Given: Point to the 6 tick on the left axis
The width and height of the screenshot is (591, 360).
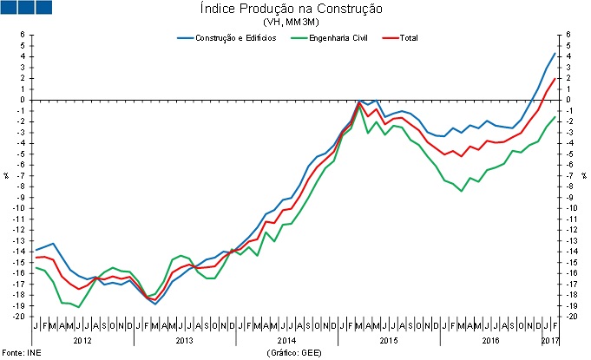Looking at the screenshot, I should (23, 35).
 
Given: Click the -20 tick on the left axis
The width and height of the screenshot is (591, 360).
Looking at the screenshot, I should (19, 317).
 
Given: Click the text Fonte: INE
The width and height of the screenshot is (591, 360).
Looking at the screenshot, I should (21, 353).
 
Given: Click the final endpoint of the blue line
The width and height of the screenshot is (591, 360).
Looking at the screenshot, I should (555, 54).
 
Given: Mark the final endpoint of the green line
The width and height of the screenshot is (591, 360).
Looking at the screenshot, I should (555, 116).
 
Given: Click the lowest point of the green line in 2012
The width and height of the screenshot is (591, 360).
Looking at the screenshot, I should (79, 307).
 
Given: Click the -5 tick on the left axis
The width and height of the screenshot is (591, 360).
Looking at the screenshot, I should (22, 154).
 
